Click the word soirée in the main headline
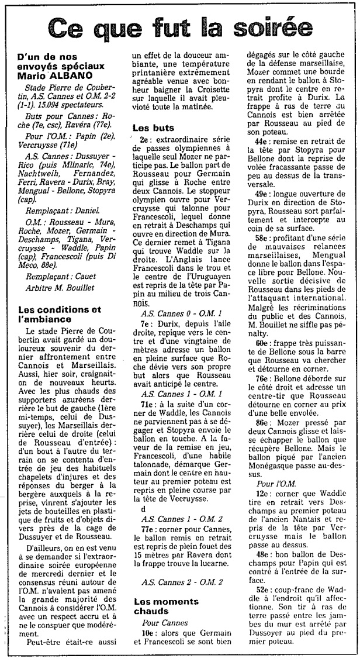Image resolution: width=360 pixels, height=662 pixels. click(272, 28)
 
